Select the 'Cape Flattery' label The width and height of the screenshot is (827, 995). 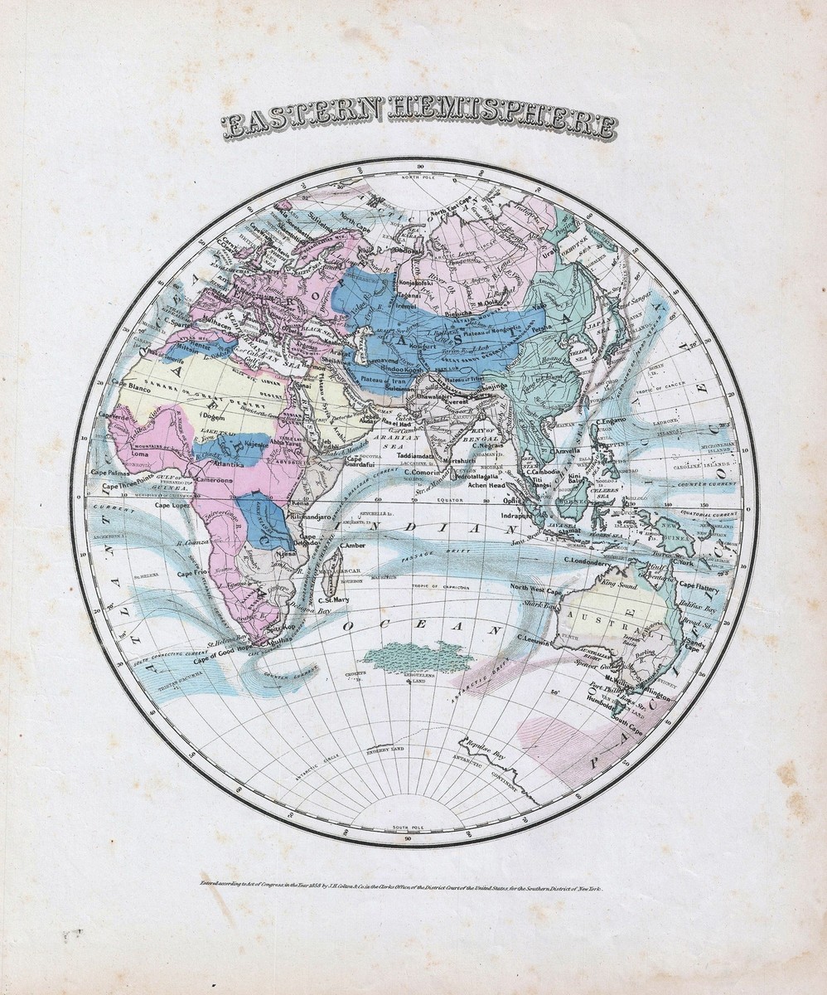pos(700,585)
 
